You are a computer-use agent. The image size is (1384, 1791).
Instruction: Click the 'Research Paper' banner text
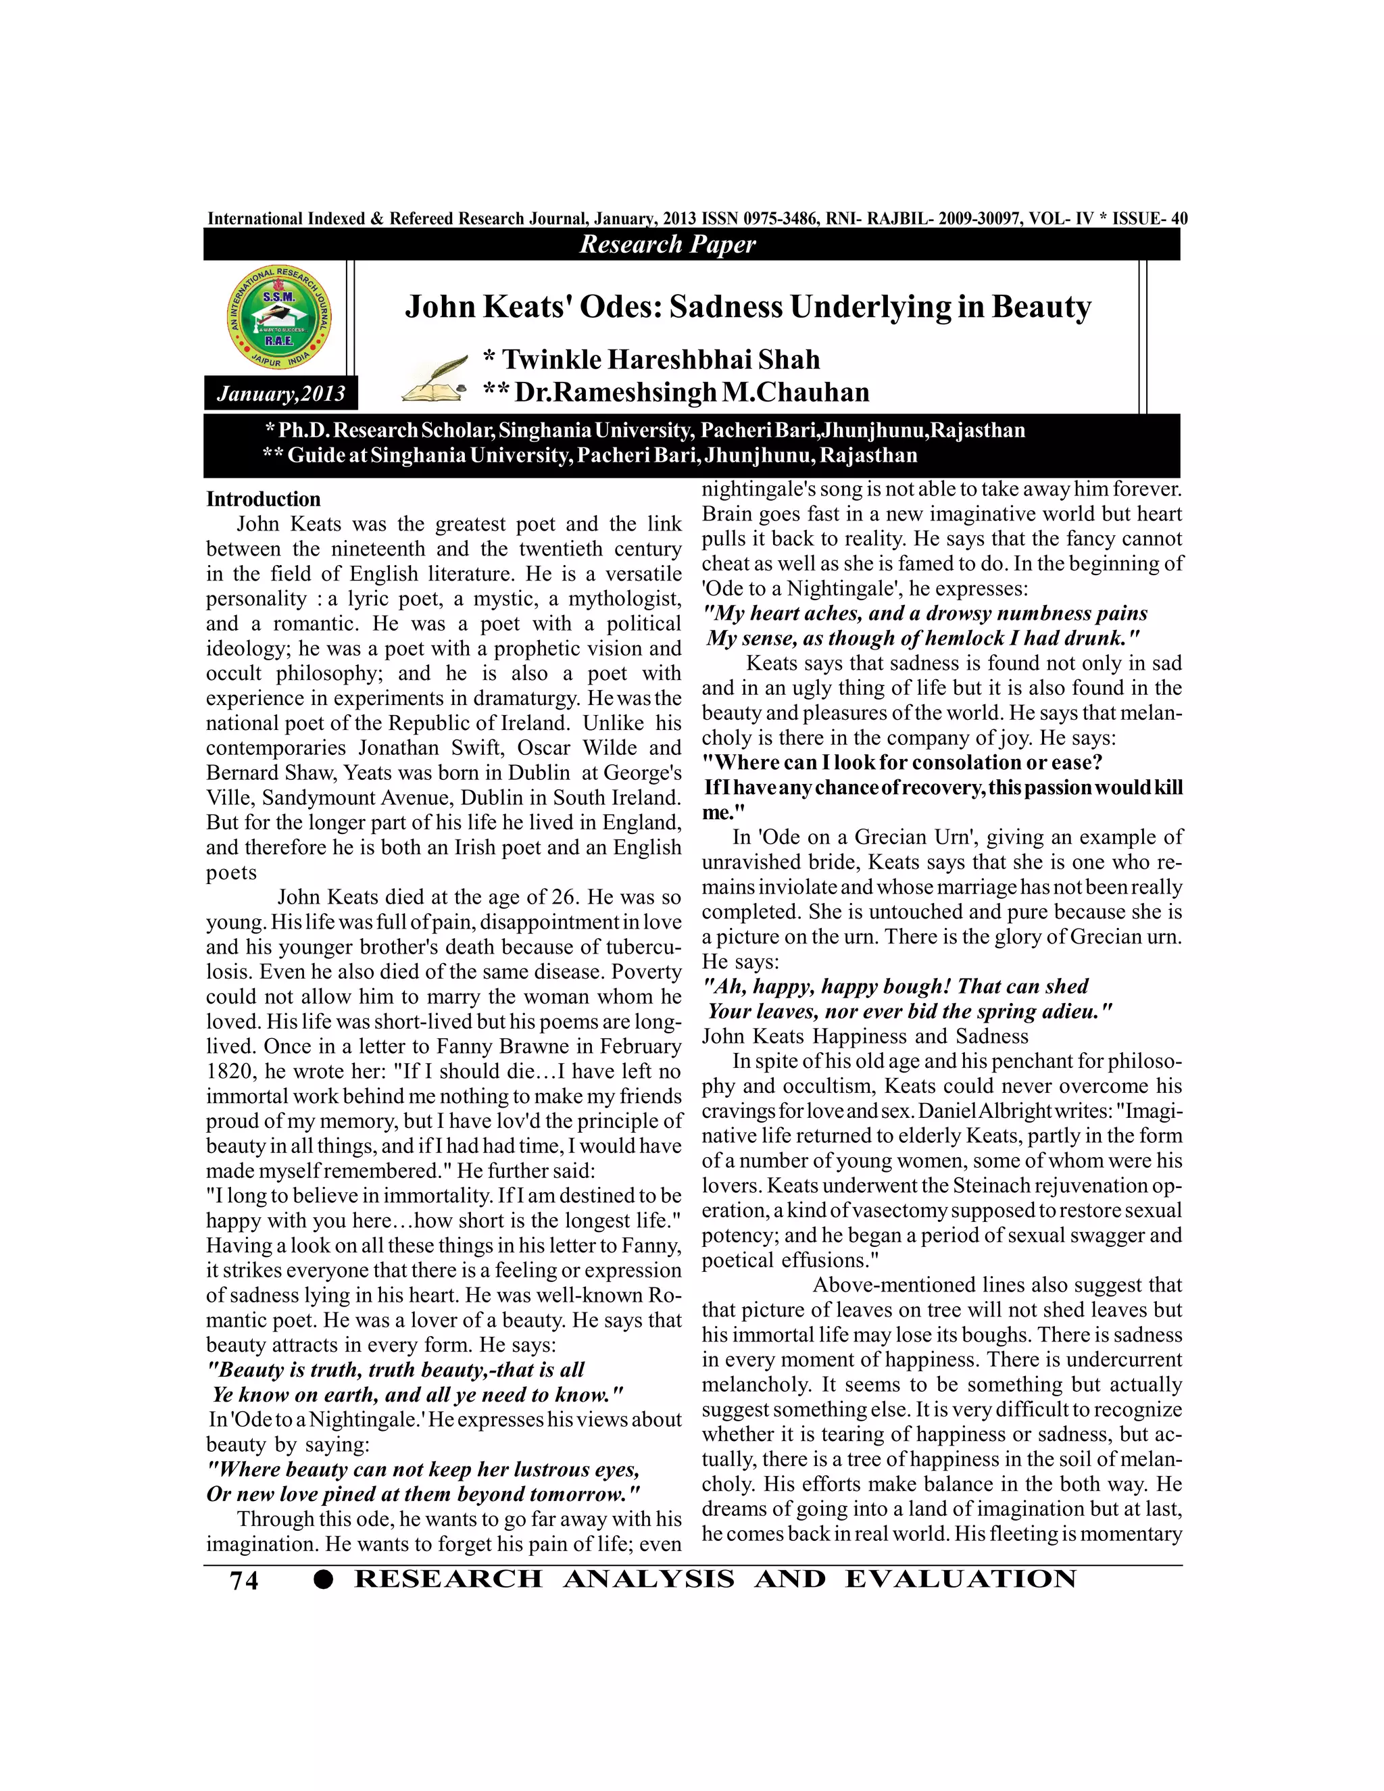[x=668, y=245]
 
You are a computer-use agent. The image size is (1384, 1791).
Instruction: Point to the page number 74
[x=245, y=1580]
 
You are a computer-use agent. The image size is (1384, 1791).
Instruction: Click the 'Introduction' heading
[x=263, y=499]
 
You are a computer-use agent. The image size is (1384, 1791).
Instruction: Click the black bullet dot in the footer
[x=324, y=1580]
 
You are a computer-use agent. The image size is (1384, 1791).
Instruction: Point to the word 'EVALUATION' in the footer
[x=960, y=1579]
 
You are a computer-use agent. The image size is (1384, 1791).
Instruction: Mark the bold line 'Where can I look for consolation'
[x=903, y=762]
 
